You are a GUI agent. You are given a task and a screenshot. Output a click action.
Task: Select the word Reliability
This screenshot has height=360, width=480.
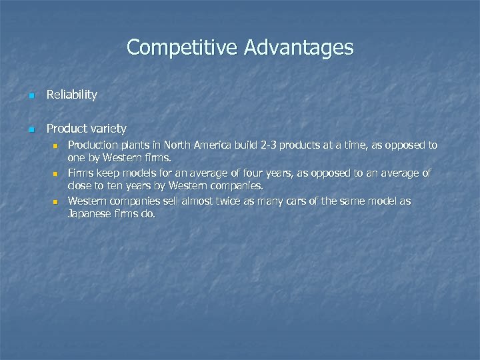[x=71, y=95]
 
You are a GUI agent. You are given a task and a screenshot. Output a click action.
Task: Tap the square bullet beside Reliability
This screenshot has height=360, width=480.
[x=31, y=95]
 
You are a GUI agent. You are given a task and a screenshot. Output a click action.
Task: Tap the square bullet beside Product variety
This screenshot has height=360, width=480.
[x=31, y=129]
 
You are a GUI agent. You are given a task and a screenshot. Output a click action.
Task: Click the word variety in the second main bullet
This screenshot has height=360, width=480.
[x=107, y=128]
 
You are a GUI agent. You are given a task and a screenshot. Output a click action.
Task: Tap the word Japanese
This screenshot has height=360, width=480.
[x=89, y=214]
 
